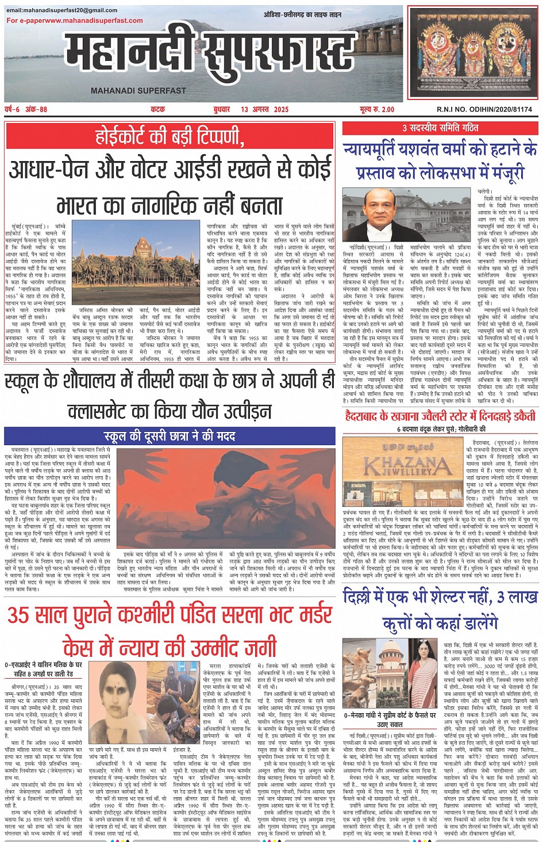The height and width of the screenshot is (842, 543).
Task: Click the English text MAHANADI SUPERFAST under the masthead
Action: click(138, 90)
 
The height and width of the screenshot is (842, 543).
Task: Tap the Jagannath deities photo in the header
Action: click(471, 53)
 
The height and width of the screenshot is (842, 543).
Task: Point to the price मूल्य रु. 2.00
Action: click(377, 109)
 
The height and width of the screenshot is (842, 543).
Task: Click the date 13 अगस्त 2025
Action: click(265, 109)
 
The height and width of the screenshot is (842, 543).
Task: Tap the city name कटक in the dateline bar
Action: click(158, 109)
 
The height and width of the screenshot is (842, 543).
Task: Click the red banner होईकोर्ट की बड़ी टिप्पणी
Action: click(170, 137)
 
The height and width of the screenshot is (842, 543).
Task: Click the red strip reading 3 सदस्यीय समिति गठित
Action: click(440, 128)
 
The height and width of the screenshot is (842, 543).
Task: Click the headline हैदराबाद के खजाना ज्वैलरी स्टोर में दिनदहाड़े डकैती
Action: click(440, 416)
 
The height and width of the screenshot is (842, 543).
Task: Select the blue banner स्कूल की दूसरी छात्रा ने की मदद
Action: click(170, 436)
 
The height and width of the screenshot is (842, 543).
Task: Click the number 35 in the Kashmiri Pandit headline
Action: click(20, 615)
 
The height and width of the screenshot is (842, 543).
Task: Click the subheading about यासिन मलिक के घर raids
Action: click(44, 669)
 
